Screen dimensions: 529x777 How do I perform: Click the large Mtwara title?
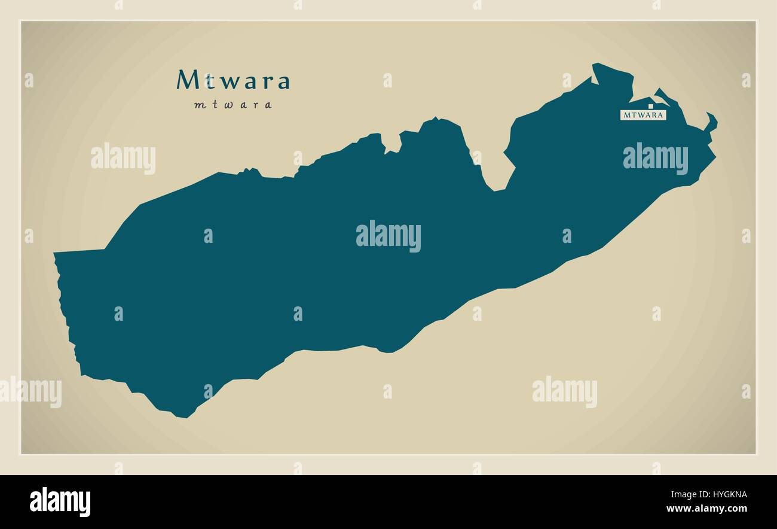coord(233,80)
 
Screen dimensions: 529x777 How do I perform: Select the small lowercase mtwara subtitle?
coord(233,105)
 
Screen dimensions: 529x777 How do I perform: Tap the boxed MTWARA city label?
coord(643,115)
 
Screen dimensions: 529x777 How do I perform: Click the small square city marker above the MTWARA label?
coord(650,107)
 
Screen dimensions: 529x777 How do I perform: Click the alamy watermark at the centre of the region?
coord(389,236)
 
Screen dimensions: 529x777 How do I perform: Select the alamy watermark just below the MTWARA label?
coord(655,159)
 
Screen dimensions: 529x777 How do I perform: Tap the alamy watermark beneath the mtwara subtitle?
coord(123,159)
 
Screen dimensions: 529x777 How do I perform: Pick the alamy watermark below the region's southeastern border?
coord(564,393)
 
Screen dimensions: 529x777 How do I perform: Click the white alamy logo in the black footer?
coord(60,501)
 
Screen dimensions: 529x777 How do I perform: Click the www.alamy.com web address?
coord(706,509)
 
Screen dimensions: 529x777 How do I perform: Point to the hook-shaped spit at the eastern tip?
coord(711,120)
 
